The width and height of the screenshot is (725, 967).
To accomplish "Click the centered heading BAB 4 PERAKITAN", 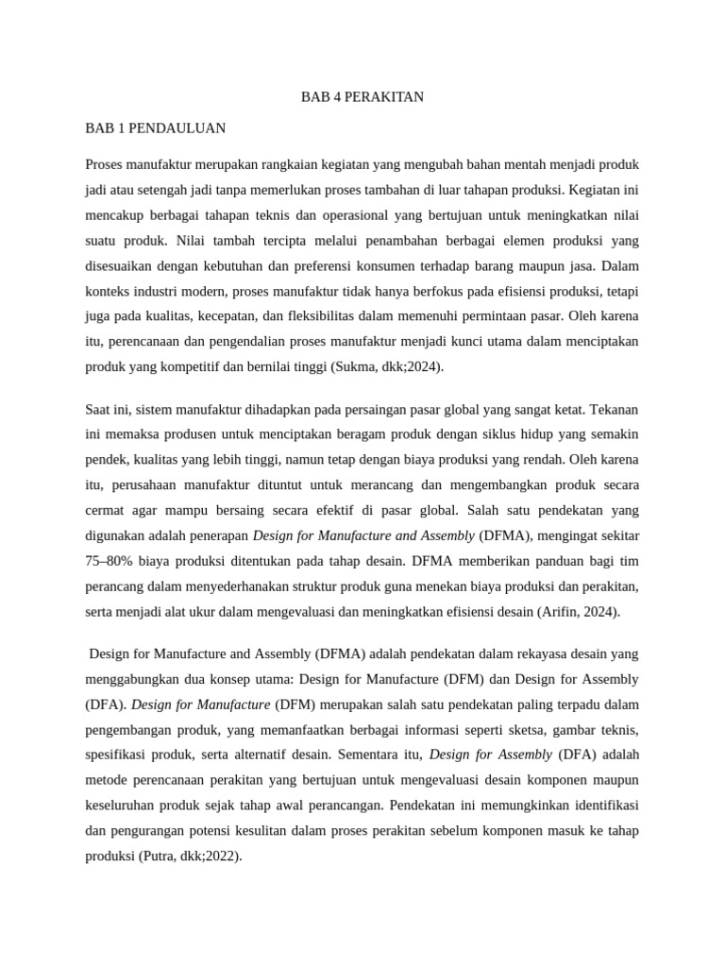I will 362,96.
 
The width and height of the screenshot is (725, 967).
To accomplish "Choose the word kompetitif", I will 210,365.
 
